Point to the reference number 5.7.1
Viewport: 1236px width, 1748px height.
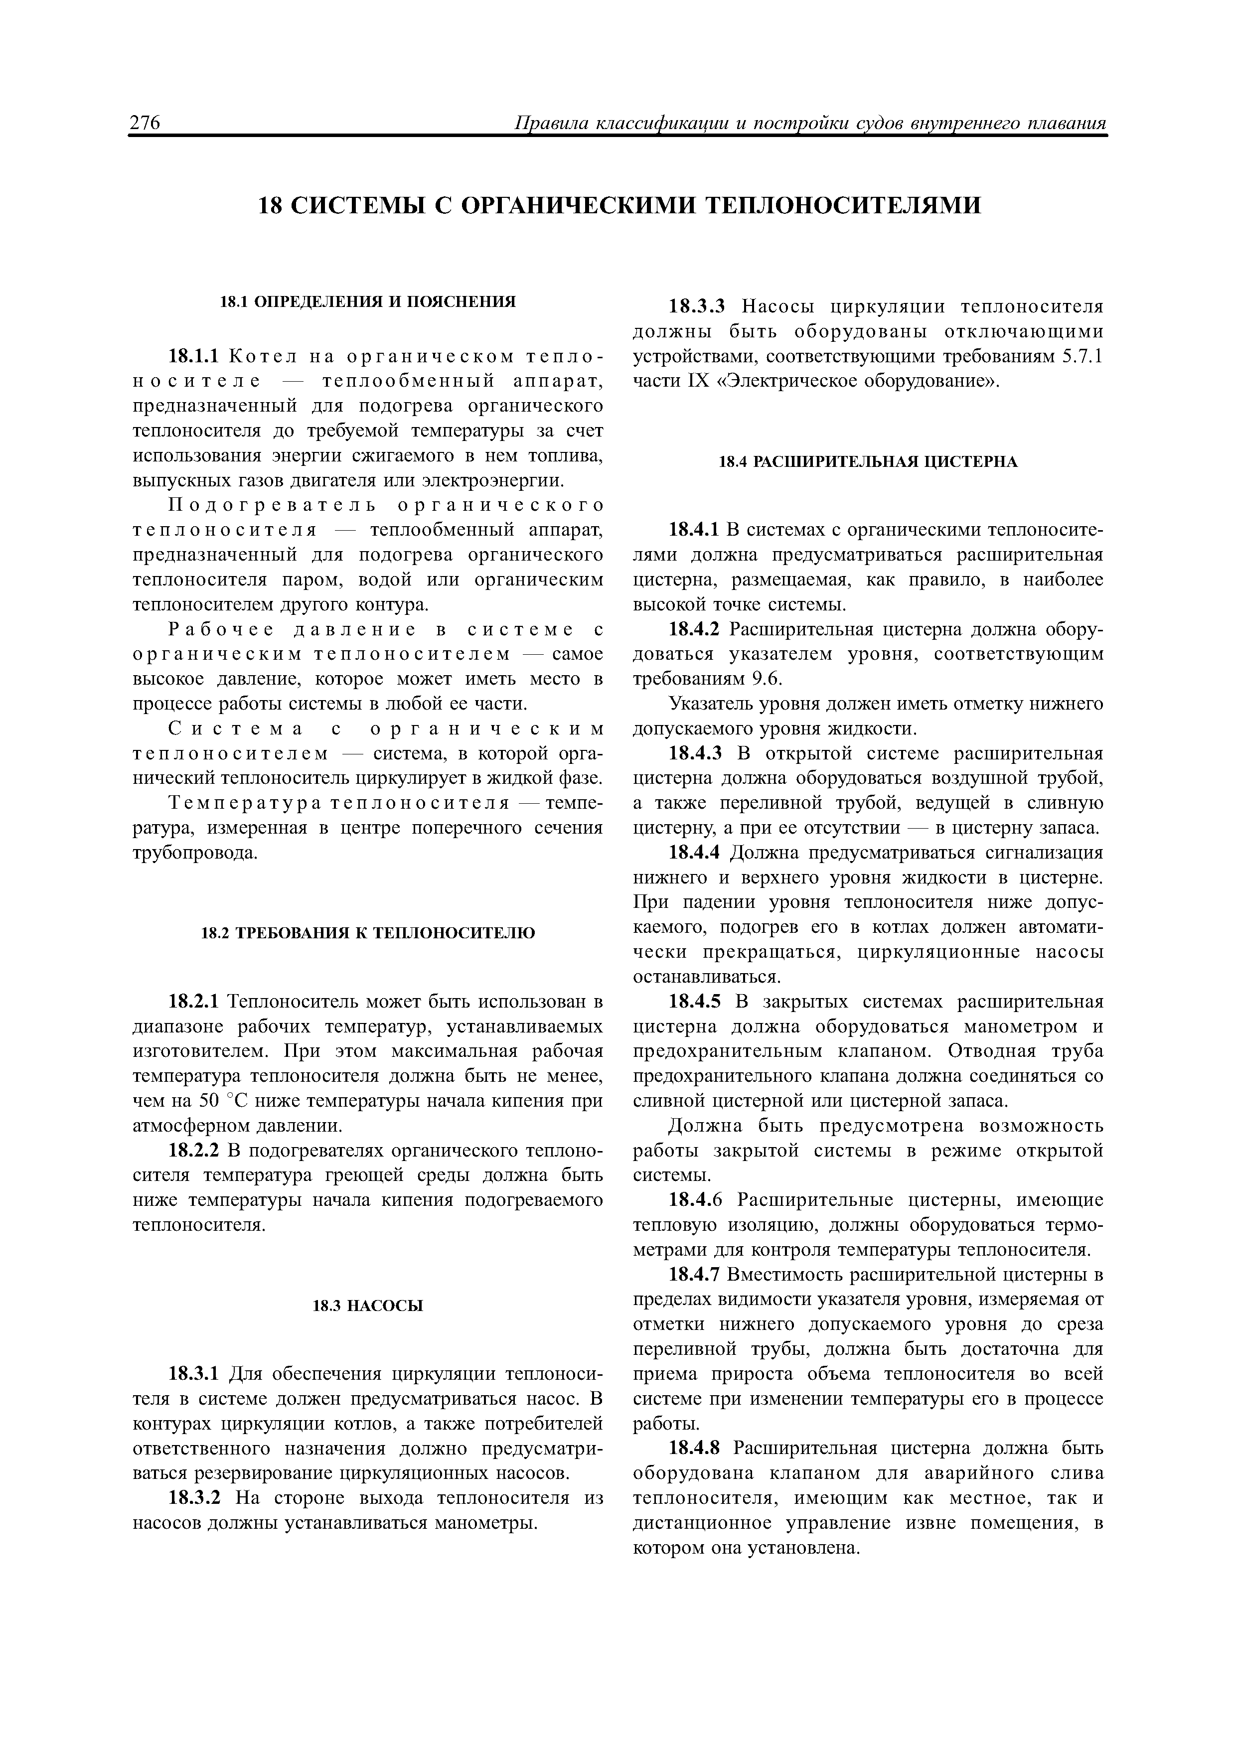pos(1081,356)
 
